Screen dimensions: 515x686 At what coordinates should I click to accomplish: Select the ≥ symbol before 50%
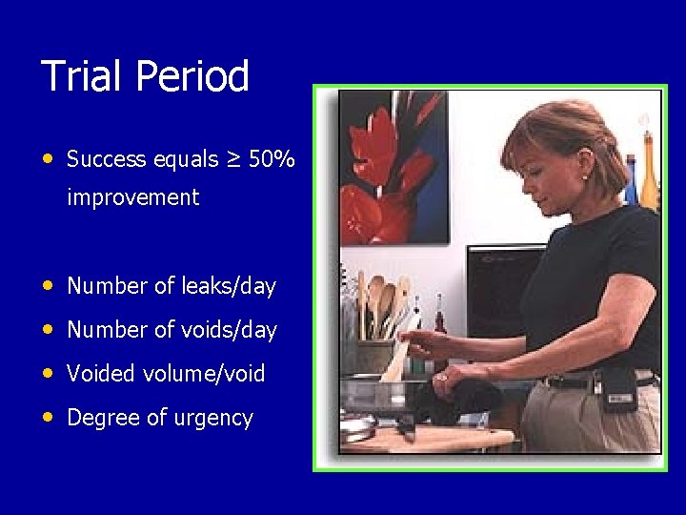(232, 159)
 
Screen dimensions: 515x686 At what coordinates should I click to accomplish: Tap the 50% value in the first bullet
(272, 159)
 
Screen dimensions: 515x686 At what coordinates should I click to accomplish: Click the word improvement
(132, 198)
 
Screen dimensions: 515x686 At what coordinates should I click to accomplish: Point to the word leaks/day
(227, 286)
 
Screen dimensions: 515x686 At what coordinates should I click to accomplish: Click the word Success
(106, 159)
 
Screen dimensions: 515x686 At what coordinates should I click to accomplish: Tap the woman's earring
(583, 177)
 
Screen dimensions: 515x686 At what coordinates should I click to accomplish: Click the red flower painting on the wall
(393, 167)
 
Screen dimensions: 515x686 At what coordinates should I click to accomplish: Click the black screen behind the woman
(495, 286)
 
